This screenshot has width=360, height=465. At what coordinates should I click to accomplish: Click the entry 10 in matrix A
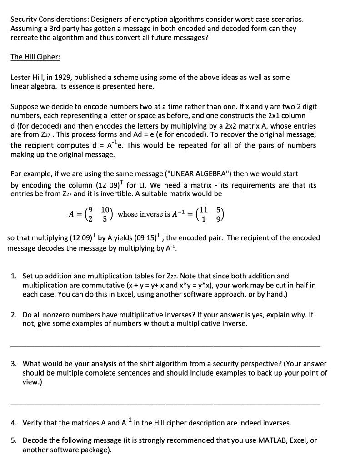tap(105, 210)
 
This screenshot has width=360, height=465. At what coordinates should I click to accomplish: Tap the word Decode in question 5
tap(35, 440)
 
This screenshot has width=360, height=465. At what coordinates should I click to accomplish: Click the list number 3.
tap(14, 364)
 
